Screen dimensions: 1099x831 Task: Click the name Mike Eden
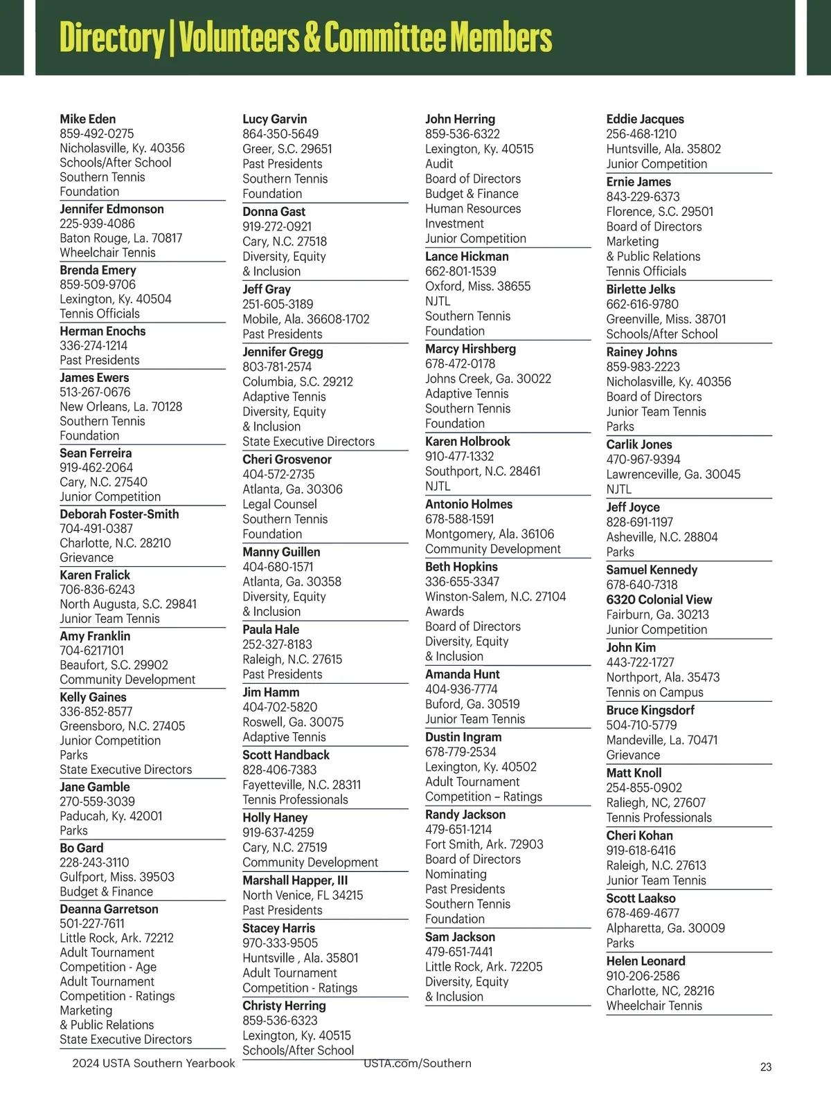[x=88, y=119]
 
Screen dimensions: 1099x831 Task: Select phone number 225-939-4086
[x=97, y=224]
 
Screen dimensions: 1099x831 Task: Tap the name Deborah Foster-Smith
[x=119, y=514]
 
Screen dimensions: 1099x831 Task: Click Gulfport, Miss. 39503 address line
[x=117, y=877]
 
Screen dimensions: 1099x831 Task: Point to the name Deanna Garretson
[x=109, y=909]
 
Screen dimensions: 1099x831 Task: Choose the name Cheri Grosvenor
[x=287, y=460]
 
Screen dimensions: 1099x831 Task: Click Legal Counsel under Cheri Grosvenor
[x=280, y=505]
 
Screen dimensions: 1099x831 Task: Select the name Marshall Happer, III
[x=295, y=880]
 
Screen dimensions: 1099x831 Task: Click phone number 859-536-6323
[x=280, y=1021]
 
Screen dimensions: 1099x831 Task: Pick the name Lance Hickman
[x=467, y=256]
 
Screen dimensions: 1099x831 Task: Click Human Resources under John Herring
[x=473, y=208]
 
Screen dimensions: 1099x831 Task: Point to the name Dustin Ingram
[x=463, y=737]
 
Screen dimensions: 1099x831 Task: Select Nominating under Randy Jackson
[x=456, y=874]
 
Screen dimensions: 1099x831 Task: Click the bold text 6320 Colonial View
[x=659, y=600]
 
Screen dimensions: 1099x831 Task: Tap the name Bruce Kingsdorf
[x=650, y=710]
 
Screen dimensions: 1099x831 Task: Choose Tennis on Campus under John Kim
[x=654, y=692]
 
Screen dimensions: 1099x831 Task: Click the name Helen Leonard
[x=645, y=961]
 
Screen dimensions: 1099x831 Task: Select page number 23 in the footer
[x=766, y=1067]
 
